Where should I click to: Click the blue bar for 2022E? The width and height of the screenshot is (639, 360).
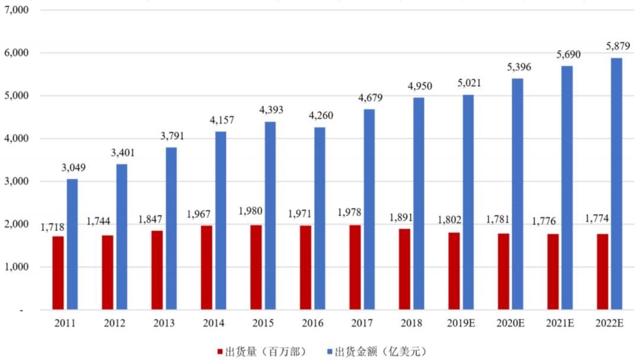click(x=617, y=184)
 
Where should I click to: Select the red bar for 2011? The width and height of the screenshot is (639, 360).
click(x=58, y=273)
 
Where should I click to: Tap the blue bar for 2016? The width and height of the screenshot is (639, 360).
click(x=319, y=218)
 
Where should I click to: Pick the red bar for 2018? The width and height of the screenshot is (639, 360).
click(x=404, y=269)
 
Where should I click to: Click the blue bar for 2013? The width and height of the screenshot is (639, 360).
click(x=171, y=229)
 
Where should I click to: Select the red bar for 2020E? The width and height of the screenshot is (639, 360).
click(x=504, y=272)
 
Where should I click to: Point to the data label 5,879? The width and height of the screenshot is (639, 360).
click(x=616, y=46)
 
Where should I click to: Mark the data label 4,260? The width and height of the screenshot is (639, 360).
click(x=319, y=115)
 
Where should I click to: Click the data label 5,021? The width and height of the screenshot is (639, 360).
click(x=468, y=83)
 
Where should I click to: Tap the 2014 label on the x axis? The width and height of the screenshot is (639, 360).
click(x=213, y=324)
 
